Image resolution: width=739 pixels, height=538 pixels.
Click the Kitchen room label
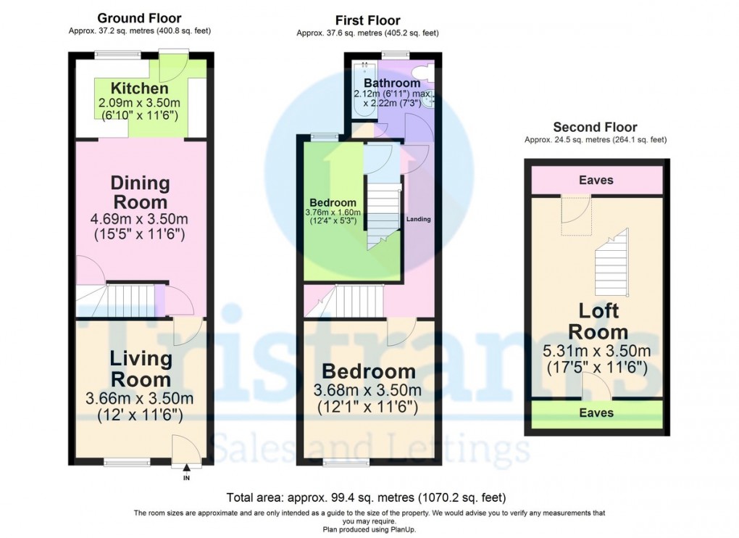coord(140,88)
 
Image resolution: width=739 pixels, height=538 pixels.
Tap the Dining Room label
coord(140,192)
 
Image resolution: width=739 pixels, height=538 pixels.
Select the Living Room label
coord(140,368)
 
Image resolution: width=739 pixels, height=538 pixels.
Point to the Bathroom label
coord(392,83)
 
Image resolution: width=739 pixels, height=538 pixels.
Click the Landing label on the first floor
coord(419,219)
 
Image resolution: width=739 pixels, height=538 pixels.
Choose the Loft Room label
coord(598,321)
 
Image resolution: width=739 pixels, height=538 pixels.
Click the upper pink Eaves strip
coord(597,180)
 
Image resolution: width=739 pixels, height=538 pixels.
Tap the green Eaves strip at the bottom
coord(597,413)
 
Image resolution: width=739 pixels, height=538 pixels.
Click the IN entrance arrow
coord(187,468)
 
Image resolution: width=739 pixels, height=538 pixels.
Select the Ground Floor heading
coord(139,18)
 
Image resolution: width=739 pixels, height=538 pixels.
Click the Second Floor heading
coord(596,128)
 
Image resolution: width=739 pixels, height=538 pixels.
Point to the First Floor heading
coord(367,21)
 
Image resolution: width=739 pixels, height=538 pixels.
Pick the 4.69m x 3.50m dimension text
coord(140,219)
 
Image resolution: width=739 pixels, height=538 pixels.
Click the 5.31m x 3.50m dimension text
coord(597,351)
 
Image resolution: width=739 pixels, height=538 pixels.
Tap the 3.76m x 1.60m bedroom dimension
coord(333,212)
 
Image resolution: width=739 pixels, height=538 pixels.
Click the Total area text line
coord(366,497)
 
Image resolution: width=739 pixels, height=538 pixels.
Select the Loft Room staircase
coord(611,262)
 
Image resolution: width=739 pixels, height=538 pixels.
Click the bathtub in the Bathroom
coord(364,90)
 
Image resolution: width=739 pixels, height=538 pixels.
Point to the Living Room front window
coord(128,462)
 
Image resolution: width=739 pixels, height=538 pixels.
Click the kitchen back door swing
coord(174,66)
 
